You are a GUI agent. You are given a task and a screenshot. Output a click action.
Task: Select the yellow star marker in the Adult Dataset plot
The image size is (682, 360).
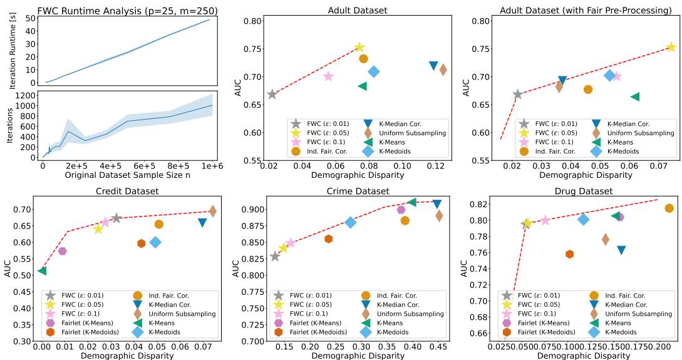pos(359,48)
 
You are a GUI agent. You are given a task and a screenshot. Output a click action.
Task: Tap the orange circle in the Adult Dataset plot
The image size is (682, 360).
pos(363,59)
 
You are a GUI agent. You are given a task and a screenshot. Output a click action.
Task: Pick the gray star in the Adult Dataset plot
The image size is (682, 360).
pos(272,94)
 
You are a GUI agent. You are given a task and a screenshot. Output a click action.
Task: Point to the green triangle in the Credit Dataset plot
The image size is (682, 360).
pos(42,270)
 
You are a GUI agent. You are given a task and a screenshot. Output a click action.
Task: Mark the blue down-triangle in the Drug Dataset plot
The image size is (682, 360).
pos(621,250)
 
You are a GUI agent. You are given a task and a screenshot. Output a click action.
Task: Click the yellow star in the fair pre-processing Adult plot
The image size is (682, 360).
pos(671,48)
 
